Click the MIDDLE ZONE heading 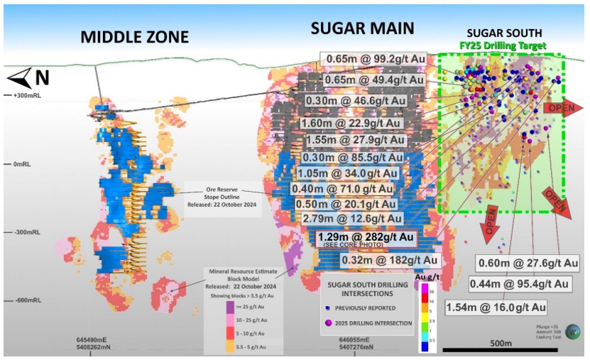pos(135,37)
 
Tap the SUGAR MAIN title pos(362,28)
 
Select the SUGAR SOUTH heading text pos(503,33)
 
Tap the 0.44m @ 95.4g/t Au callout pos(519,284)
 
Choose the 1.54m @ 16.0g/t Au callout pos(496,307)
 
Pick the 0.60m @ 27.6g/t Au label pos(528,261)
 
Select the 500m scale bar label pos(501,344)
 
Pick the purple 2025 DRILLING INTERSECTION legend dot pos(328,323)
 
